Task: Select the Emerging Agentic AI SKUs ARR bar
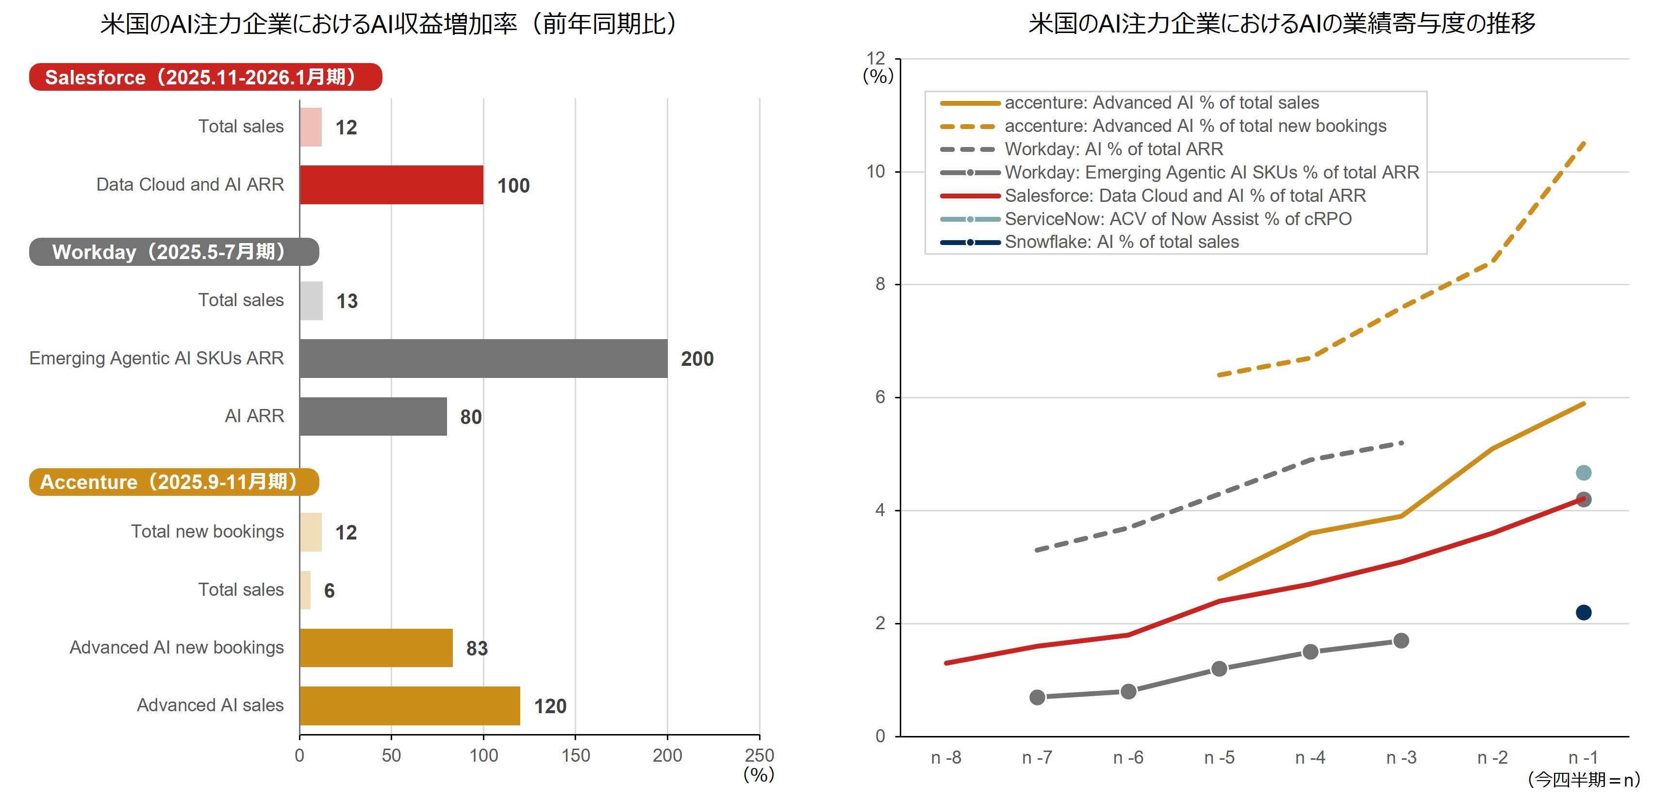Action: [483, 358]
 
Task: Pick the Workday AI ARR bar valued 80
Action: [373, 416]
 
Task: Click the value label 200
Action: [697, 359]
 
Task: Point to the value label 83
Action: [477, 648]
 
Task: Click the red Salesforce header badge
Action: [205, 77]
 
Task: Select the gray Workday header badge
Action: [174, 251]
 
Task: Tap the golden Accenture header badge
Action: [174, 482]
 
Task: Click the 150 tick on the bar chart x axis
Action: [575, 756]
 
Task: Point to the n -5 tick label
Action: [1219, 758]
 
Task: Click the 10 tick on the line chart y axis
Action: [876, 172]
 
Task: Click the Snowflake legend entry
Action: [1121, 242]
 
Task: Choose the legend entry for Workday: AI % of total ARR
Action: [1113, 149]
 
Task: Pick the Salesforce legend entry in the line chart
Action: [1184, 196]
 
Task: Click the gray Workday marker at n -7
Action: [1037, 697]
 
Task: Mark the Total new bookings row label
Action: [207, 532]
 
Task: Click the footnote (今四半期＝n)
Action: [1583, 780]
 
